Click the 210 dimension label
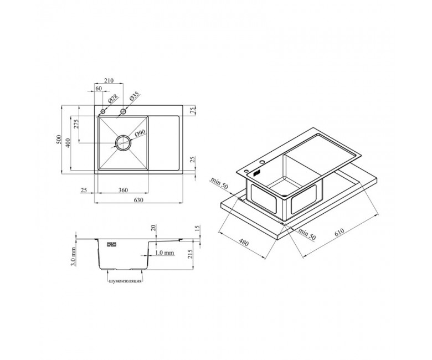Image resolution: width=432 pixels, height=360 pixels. (x=109, y=81)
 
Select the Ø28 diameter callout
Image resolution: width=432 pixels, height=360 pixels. (x=113, y=99)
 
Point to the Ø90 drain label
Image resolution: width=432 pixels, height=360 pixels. (x=140, y=133)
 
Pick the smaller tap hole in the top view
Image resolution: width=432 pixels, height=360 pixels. (x=103, y=111)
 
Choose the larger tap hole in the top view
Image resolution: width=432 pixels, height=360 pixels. (x=123, y=111)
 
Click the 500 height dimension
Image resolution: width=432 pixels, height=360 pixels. (x=58, y=140)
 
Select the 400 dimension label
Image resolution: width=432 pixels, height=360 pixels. (x=68, y=143)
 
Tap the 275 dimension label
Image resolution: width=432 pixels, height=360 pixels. (x=77, y=124)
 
